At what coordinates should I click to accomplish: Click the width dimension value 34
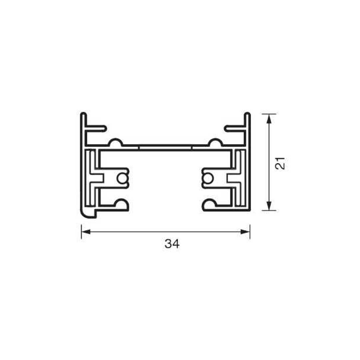coord(172,244)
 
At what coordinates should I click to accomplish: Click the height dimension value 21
coord(280,163)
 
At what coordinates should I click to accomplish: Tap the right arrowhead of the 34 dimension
coord(245,232)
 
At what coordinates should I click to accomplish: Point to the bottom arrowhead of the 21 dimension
coord(269,205)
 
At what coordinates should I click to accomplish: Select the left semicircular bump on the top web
coord(116,142)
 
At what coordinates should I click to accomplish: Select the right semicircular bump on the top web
coord(215,142)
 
